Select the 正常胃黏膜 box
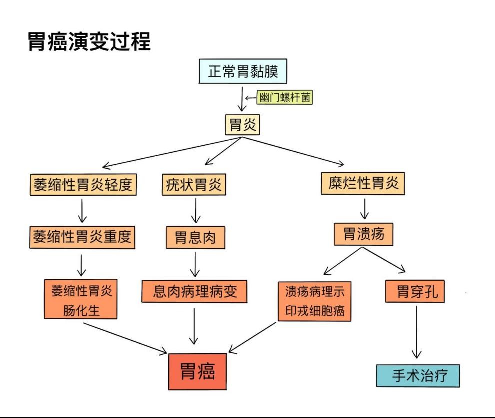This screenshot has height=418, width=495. click(x=243, y=72)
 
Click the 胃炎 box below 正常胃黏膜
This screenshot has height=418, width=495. click(x=243, y=124)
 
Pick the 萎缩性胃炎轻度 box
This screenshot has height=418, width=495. click(x=83, y=185)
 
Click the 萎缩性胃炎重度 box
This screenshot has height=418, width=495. click(x=83, y=236)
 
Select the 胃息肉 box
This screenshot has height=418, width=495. click(x=195, y=237)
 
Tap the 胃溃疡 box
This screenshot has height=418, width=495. click(x=363, y=234)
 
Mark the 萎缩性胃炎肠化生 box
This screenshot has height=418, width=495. click(x=81, y=299)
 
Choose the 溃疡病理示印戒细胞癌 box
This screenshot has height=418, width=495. click(x=314, y=300)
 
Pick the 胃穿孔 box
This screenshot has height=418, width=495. click(x=415, y=291)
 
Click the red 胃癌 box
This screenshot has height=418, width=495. click(x=198, y=371)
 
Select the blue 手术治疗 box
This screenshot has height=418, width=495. click(x=418, y=375)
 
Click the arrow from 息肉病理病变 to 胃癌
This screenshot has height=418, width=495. click(x=194, y=325)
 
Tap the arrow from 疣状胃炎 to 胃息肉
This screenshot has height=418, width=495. click(x=196, y=211)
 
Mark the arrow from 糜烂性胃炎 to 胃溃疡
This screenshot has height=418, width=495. click(x=364, y=209)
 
